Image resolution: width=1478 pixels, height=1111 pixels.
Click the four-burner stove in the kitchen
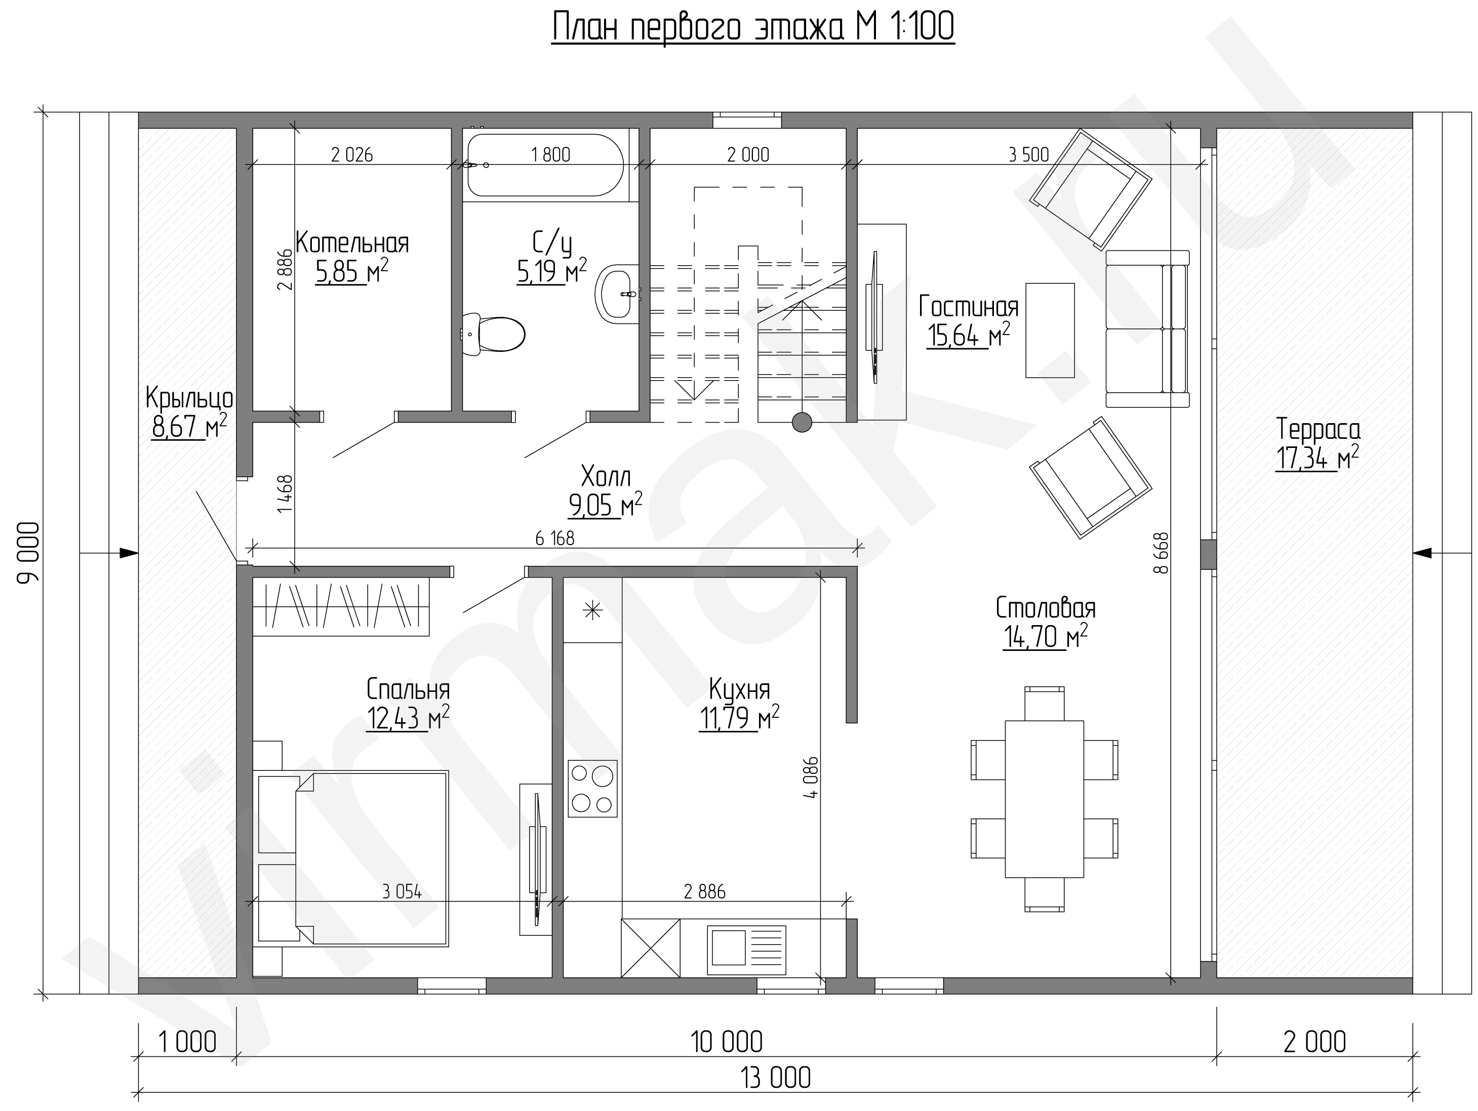coord(592,788)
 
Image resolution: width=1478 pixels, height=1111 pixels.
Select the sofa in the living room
coord(1147,328)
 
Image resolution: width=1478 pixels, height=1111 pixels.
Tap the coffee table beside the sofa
coord(1050,330)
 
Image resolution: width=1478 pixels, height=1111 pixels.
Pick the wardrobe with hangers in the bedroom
coord(341,605)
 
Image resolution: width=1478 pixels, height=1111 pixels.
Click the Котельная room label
coord(352,243)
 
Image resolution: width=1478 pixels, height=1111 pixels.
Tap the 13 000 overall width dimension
coord(776,1078)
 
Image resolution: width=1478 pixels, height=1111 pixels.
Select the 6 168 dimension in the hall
coord(554,539)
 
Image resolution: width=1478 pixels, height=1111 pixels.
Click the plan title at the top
coord(753,28)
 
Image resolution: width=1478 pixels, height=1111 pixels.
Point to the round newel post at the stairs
coord(802,422)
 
